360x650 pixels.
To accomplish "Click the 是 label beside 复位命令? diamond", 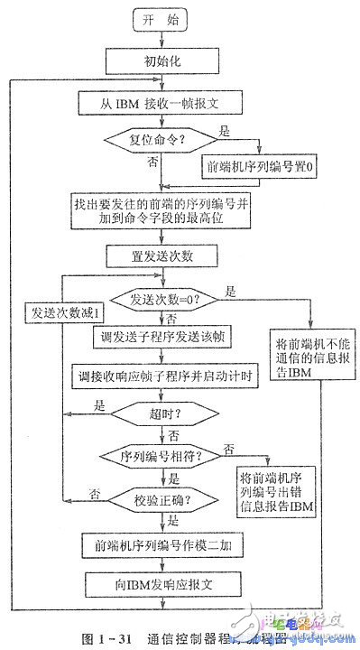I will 225,131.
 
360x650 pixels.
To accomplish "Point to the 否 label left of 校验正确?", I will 93,493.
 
